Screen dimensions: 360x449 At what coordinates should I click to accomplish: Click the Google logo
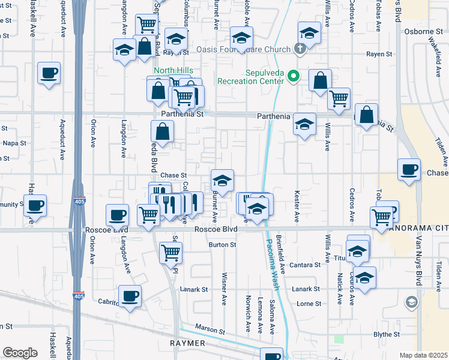tap(20, 353)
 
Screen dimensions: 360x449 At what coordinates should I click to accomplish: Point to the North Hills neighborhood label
tap(173, 70)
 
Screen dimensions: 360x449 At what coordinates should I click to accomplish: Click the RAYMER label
tap(188, 343)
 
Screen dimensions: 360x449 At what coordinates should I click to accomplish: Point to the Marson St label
tap(212, 331)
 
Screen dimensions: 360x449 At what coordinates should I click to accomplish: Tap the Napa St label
tap(14, 143)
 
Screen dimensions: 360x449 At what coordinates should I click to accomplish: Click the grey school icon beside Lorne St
tap(411, 301)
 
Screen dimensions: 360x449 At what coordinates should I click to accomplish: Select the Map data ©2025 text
tap(423, 355)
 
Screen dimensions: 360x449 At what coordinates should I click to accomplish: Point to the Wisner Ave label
tap(223, 290)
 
